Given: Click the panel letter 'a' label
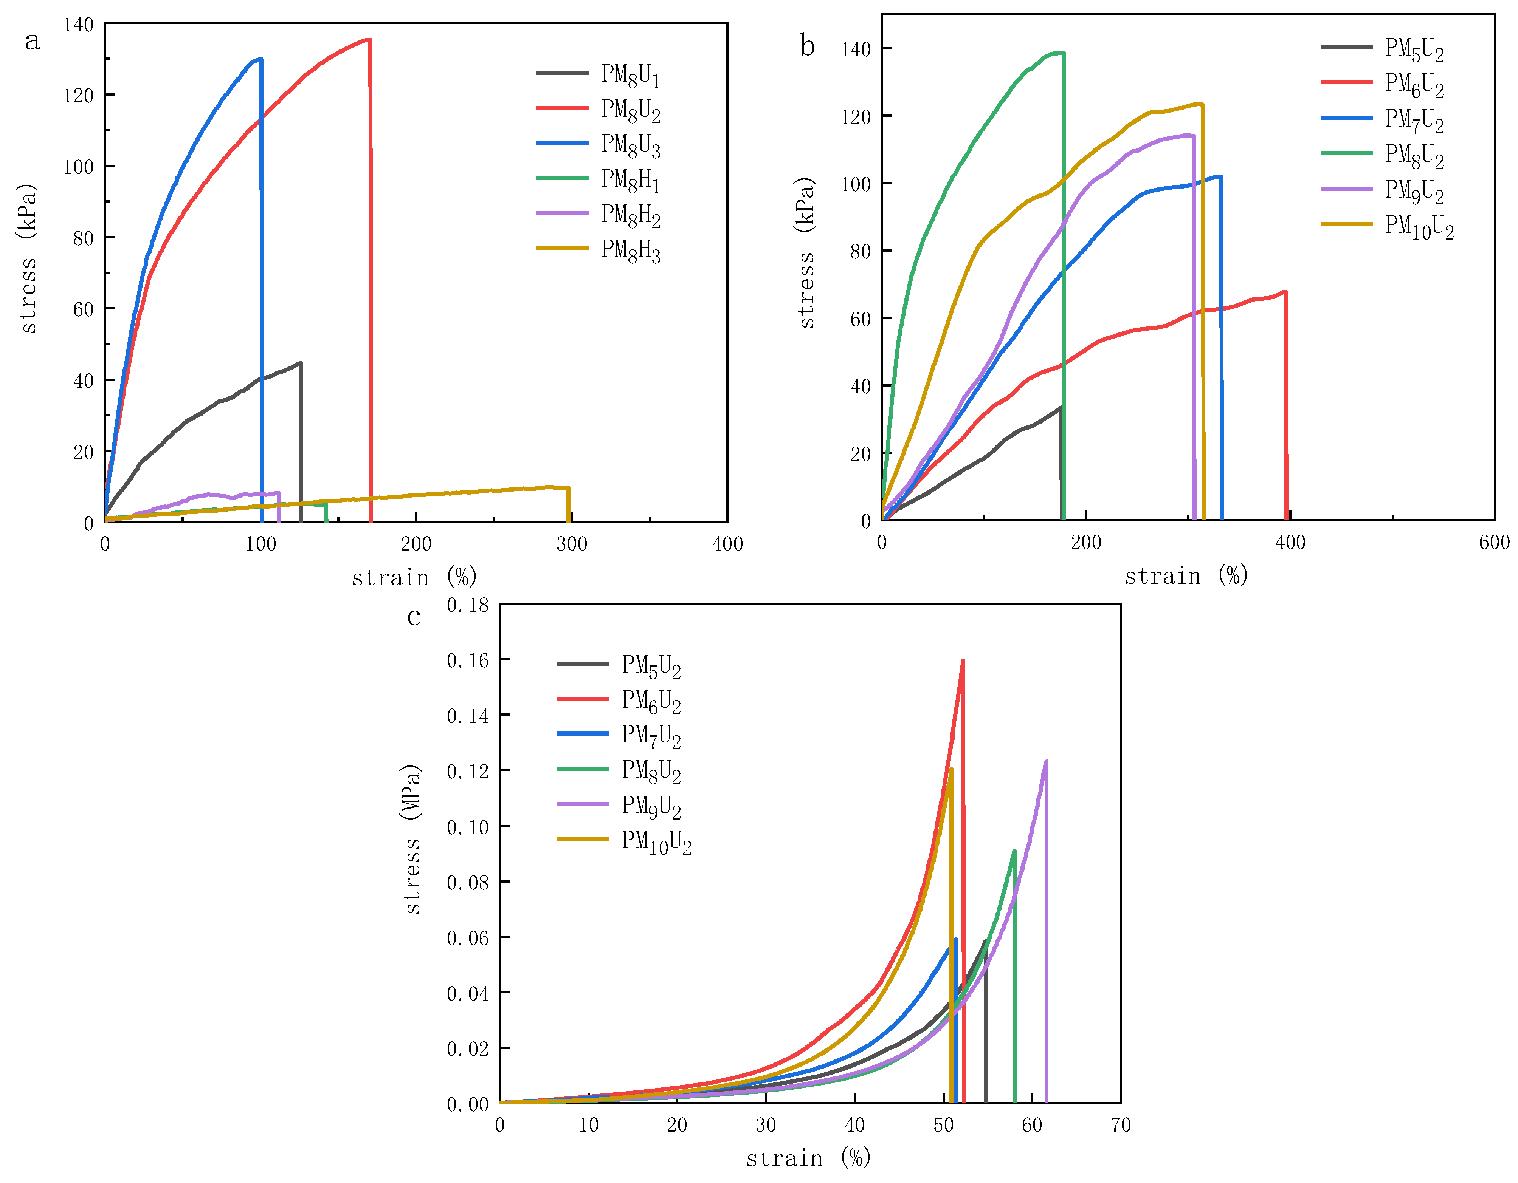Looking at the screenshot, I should click(x=32, y=42).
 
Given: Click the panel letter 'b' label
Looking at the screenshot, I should click(x=807, y=46).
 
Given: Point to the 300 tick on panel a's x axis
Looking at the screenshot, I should click(x=571, y=544).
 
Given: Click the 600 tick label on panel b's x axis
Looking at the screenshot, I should click(x=1494, y=543).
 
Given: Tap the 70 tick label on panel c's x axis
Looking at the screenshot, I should click(x=1120, y=1125).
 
